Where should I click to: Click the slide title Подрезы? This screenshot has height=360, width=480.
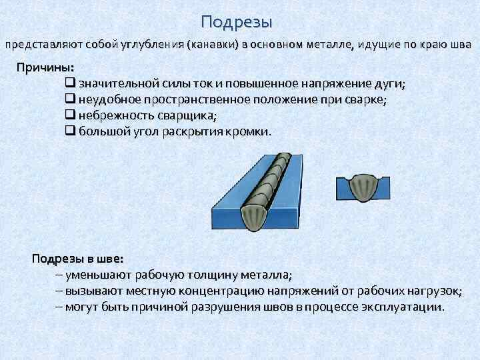[x=237, y=22]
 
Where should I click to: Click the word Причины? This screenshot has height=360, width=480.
[x=45, y=68]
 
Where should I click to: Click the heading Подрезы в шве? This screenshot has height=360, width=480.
[x=77, y=259]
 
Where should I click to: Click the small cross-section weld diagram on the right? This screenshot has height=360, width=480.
[x=363, y=187]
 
